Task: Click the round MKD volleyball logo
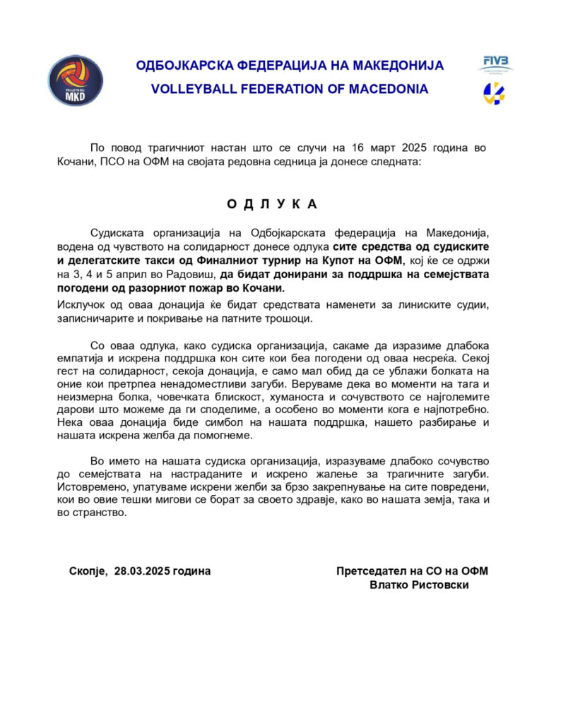point(76,80)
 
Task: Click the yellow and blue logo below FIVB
point(494,92)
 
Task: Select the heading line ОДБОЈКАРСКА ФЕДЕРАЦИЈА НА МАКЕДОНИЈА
point(290,66)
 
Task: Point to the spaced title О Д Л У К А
point(272,204)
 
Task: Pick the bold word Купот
point(350,261)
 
